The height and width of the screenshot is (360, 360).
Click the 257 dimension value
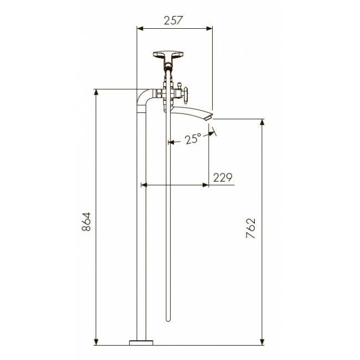173,20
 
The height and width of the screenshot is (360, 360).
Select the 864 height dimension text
86,222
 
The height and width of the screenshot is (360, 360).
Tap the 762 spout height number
250,228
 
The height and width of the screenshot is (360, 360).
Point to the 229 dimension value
223,177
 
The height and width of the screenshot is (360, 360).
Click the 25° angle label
193,139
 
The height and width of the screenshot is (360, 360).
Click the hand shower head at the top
168,55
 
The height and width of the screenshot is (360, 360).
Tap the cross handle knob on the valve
186,94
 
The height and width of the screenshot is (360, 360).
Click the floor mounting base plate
141,343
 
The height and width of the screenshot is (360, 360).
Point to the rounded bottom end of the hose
168,320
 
